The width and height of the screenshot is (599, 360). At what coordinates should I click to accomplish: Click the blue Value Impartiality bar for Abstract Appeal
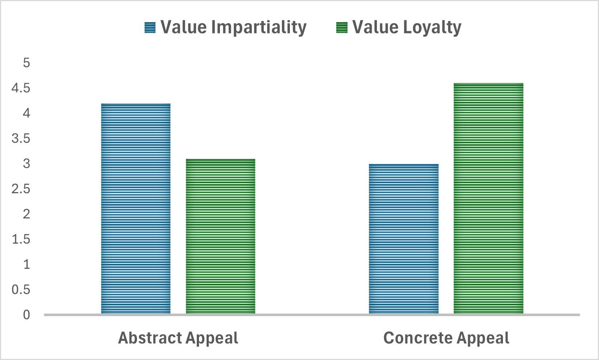(x=136, y=208)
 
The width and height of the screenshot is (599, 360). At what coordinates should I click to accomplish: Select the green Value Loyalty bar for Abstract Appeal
(x=220, y=236)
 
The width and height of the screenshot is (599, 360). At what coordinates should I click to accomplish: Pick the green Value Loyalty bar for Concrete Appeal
(x=488, y=198)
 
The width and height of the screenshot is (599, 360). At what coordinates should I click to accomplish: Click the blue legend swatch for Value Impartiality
(x=150, y=28)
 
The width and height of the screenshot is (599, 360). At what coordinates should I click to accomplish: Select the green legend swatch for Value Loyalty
(x=342, y=28)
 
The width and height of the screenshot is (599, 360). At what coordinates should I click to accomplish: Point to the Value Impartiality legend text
(x=233, y=28)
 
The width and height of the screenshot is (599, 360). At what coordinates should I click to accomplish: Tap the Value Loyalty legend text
(x=407, y=28)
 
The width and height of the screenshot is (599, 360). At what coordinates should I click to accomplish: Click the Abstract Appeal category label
(x=178, y=338)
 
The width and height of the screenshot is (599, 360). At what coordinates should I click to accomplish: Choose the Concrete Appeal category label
(x=446, y=338)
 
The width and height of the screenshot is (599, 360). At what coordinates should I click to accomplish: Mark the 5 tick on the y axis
(x=26, y=63)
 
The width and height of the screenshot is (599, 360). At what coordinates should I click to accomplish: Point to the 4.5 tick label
(x=21, y=88)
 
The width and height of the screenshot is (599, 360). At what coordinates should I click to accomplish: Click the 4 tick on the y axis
(x=26, y=113)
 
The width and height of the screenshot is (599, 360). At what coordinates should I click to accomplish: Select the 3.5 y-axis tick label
(x=21, y=138)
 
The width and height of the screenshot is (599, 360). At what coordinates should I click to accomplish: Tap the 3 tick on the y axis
(x=26, y=164)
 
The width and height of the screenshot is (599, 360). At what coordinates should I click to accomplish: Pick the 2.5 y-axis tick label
(x=21, y=189)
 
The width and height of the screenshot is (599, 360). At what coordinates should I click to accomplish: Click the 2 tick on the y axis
(x=26, y=214)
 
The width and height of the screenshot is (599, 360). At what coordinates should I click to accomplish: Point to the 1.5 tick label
(x=21, y=239)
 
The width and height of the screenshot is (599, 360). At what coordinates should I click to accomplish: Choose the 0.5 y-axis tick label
(x=21, y=290)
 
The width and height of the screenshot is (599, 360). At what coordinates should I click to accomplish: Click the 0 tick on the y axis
(x=26, y=315)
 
